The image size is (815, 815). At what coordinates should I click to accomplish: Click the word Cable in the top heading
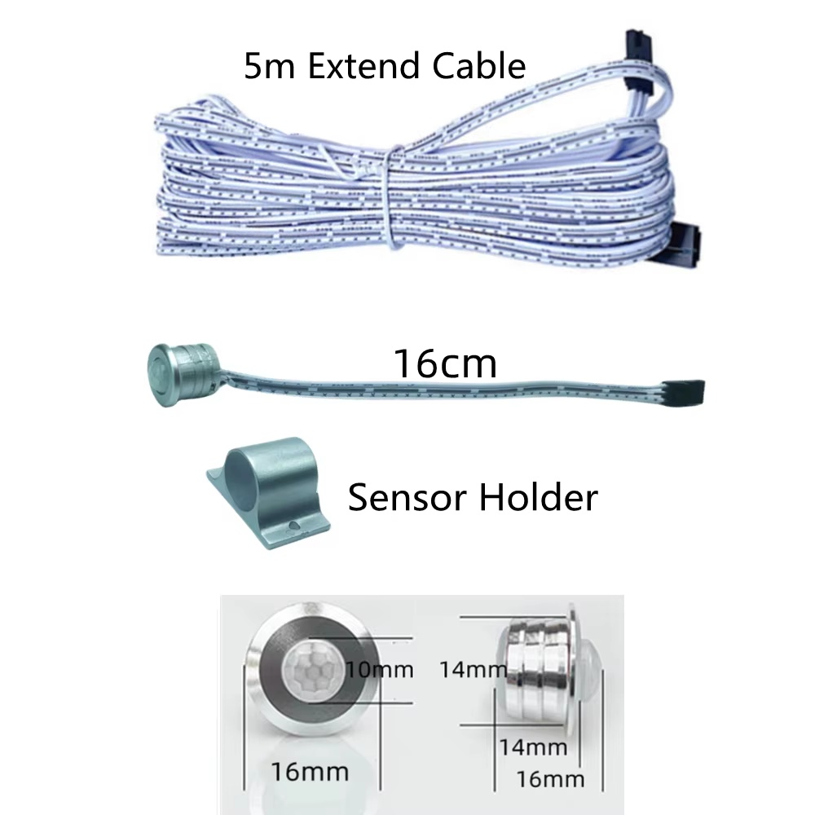coord(478,66)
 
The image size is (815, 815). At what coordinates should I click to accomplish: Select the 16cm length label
coord(446,363)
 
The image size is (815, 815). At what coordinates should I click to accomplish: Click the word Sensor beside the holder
coord(407,497)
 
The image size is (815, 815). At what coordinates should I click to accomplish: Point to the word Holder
coord(538,497)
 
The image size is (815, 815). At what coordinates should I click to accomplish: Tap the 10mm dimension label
coord(380,669)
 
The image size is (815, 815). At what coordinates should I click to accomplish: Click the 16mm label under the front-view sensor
coord(310,772)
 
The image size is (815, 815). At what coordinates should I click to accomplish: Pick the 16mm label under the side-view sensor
coord(550,779)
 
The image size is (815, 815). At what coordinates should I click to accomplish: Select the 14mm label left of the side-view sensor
coord(473,669)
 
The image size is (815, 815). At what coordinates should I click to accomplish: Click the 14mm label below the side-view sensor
coord(533,747)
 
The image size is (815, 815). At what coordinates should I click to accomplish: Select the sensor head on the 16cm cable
coord(182,373)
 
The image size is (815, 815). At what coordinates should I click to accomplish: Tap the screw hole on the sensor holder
coord(293,525)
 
